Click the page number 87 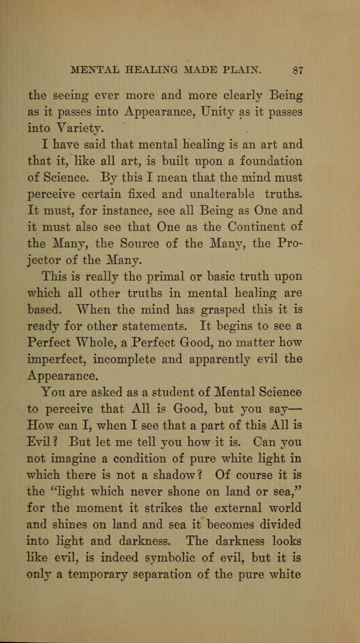(297, 69)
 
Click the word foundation (264, 162)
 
